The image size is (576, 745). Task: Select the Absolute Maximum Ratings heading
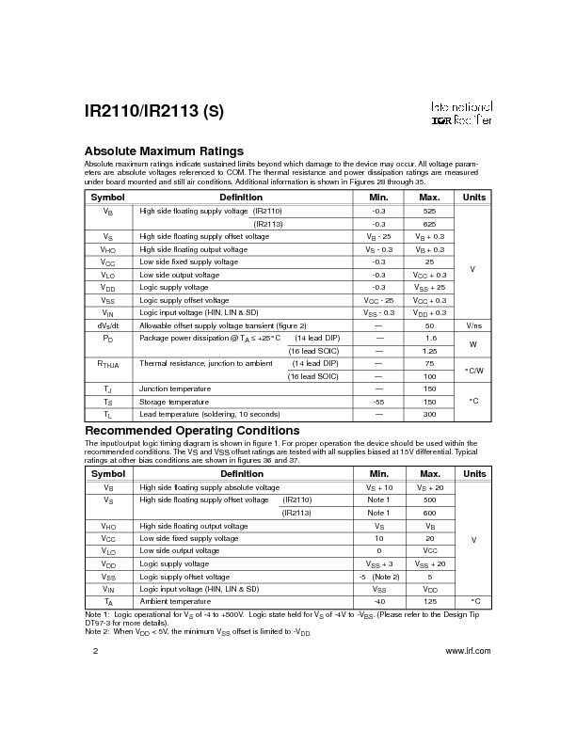click(x=164, y=151)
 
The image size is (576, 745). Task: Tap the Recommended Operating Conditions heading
click(x=192, y=431)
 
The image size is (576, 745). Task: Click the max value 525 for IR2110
click(x=429, y=212)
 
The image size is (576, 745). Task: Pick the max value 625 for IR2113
click(x=429, y=224)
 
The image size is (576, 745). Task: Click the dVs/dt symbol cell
click(x=108, y=325)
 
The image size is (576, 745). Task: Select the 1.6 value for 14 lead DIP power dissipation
click(x=429, y=337)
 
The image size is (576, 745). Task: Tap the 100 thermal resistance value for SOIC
click(x=429, y=376)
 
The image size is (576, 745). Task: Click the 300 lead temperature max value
click(x=429, y=414)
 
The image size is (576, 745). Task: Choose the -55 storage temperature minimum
click(x=378, y=402)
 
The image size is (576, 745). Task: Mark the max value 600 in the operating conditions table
click(x=429, y=513)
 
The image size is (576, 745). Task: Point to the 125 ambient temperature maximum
click(x=429, y=601)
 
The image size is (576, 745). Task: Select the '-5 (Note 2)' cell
click(x=379, y=576)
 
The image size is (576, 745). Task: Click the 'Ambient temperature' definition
click(x=175, y=601)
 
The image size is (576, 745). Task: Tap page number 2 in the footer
click(x=94, y=651)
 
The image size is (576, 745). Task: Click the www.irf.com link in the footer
click(x=467, y=651)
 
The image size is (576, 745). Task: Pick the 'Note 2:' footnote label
click(x=99, y=632)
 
